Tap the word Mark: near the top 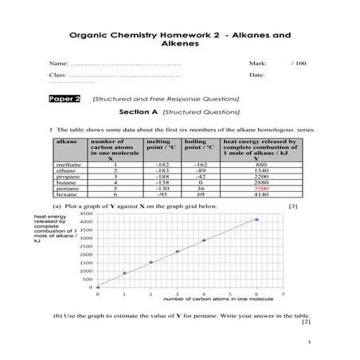(257, 61)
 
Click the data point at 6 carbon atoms (256, 220)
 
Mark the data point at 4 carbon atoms (204, 240)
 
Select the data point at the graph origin (98, 288)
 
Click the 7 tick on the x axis (283, 294)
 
